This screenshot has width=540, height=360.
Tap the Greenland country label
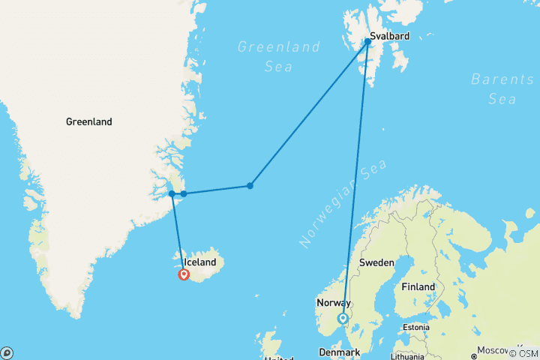[88, 121]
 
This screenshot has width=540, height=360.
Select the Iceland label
[199, 262]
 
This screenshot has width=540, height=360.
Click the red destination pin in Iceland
[184, 274]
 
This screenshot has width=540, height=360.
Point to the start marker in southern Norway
[343, 319]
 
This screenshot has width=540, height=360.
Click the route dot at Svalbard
[368, 42]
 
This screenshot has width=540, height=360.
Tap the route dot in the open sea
[250, 186]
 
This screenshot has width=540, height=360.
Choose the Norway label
[333, 303]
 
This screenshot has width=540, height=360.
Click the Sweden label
[376, 262]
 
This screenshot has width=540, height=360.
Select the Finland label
[418, 286]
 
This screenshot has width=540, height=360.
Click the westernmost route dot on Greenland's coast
[172, 193]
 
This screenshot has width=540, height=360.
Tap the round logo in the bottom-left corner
[7, 352]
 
